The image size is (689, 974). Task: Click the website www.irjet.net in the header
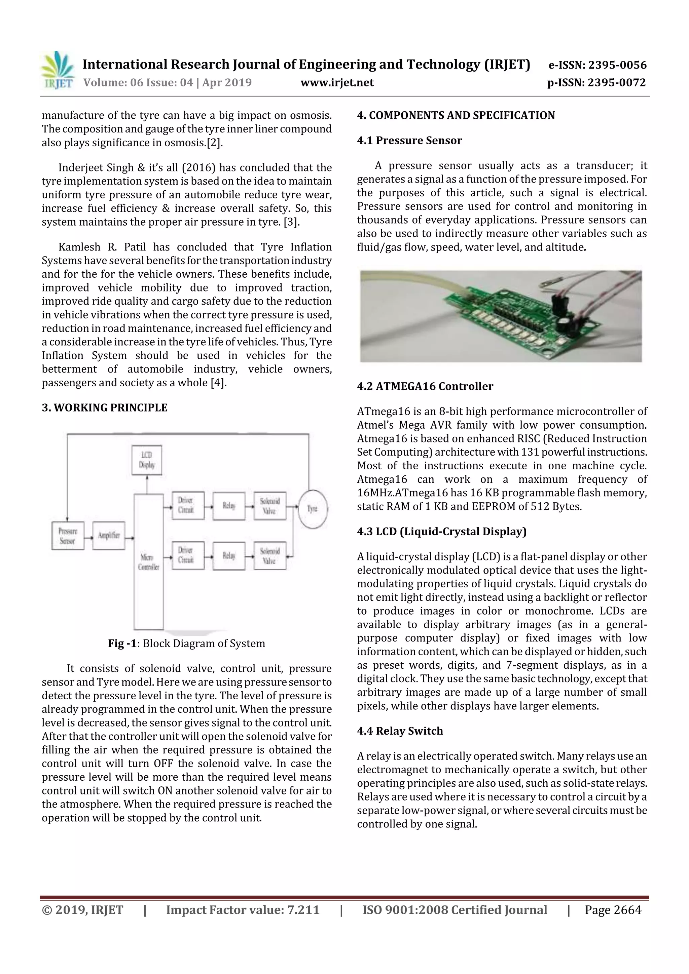(337, 82)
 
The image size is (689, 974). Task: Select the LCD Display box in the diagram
(146, 460)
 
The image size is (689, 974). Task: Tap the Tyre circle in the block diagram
(313, 509)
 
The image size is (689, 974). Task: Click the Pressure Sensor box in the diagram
(68, 536)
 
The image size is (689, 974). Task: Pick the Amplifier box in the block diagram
(109, 535)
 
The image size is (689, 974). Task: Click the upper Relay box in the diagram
(229, 506)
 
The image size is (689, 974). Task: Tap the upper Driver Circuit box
(188, 505)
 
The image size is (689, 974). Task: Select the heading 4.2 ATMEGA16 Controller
(425, 386)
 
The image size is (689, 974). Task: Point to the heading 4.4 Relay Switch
(400, 731)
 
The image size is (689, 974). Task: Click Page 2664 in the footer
(613, 909)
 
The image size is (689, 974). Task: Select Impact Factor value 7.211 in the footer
(243, 909)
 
